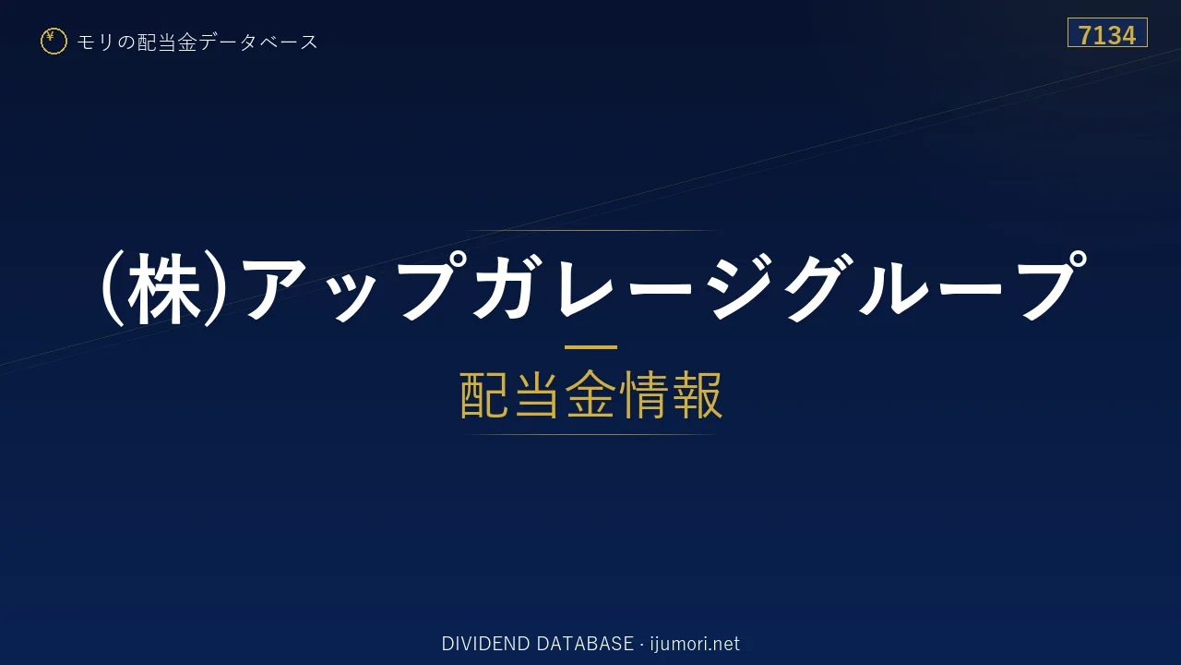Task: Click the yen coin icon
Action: pyautogui.click(x=54, y=42)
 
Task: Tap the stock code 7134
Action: pyautogui.click(x=1107, y=35)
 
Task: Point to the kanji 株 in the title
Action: pyautogui.click(x=164, y=289)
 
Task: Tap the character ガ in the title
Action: pyautogui.click(x=508, y=287)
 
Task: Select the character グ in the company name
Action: pyautogui.click(x=820, y=287)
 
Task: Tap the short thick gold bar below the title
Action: pyautogui.click(x=590, y=347)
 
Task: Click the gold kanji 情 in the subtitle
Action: pyautogui.click(x=644, y=394)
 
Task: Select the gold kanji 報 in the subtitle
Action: pyautogui.click(x=697, y=394)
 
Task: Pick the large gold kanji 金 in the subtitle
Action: pyautogui.click(x=590, y=394)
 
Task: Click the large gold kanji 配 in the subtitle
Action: pyautogui.click(x=485, y=394)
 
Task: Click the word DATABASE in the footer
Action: pyautogui.click(x=585, y=644)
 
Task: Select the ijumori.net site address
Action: pyautogui.click(x=695, y=645)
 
